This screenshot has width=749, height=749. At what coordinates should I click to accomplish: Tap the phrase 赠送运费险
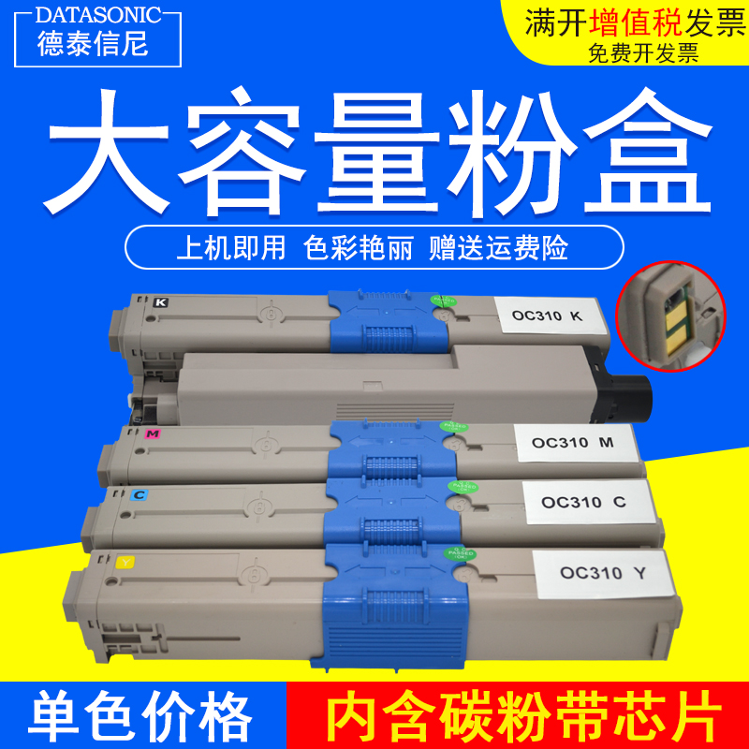pyautogui.click(x=498, y=249)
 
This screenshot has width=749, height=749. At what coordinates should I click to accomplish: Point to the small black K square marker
pyautogui.click(x=161, y=301)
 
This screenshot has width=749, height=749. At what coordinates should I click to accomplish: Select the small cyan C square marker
pyautogui.click(x=139, y=492)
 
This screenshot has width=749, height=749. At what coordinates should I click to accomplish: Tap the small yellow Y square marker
pyautogui.click(x=126, y=562)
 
